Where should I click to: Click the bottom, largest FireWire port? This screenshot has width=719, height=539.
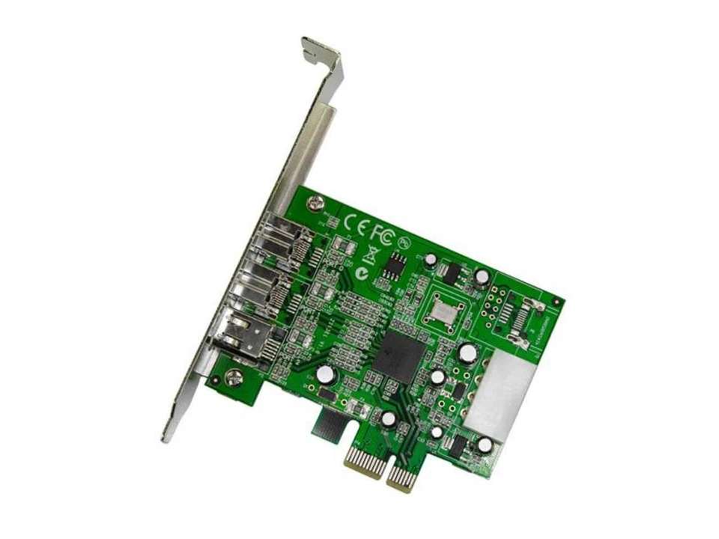(x=243, y=336)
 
